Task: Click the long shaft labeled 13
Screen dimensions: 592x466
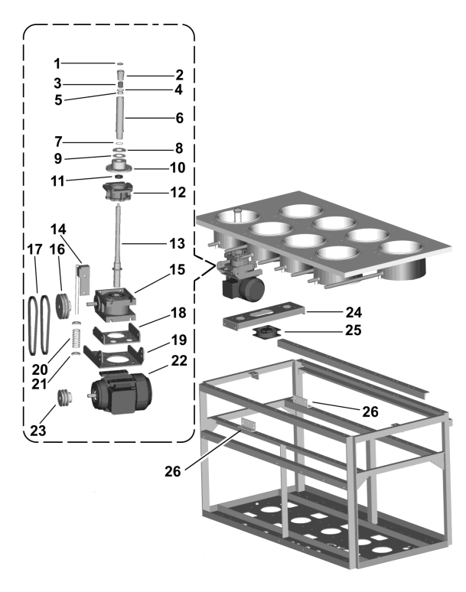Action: (119, 237)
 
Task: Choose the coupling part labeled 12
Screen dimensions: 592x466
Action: (119, 191)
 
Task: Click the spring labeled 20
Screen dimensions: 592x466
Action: (76, 335)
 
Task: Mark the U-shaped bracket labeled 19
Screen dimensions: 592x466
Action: (115, 357)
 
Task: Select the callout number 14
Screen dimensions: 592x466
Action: (60, 229)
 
